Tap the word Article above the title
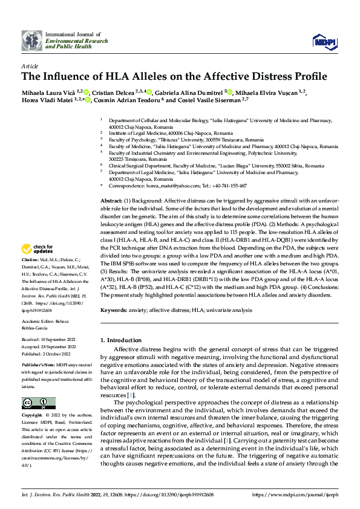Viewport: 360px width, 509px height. click(30, 66)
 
